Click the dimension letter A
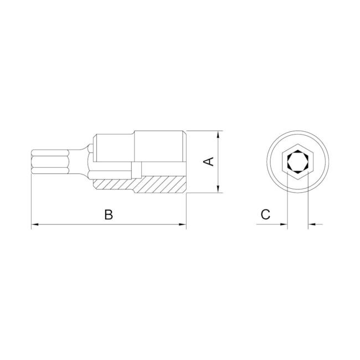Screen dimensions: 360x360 pos(209,161)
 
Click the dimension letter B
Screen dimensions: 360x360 pos(109,214)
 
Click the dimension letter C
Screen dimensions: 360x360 pos(265,214)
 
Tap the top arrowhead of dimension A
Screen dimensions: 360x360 pos(218,135)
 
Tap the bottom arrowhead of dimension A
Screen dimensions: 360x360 pos(218,189)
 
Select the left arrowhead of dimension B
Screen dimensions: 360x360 pos(35,224)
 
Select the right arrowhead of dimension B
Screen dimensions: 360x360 pos(183,224)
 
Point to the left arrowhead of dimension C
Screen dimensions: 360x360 pos(284,224)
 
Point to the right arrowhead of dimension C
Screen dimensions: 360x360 pos(312,224)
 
